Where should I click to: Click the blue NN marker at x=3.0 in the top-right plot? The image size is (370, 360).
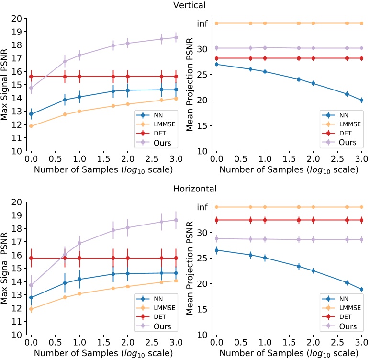(x=361, y=101)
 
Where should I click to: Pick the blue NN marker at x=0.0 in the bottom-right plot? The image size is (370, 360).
(x=217, y=250)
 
